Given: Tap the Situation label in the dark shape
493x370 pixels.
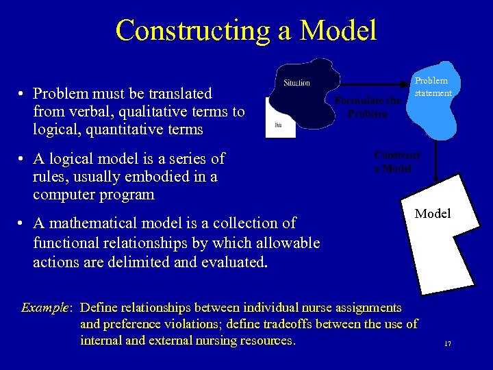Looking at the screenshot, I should click(x=296, y=83).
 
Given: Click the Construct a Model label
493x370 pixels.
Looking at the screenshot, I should click(x=396, y=162).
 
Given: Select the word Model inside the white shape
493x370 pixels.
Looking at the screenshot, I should click(x=433, y=214).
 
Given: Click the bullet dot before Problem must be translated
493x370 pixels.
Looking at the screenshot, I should click(x=23, y=94).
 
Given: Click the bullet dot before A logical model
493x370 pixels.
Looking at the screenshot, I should click(x=23, y=160).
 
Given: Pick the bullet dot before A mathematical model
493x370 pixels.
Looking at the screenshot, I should click(x=23, y=224).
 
